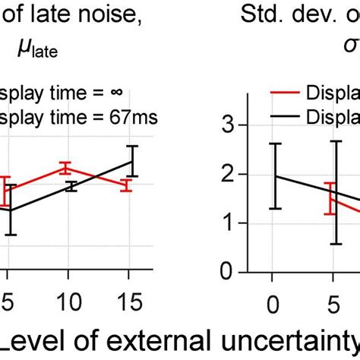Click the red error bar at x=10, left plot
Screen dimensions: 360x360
tap(65, 168)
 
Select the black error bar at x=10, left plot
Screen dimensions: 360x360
tap(70, 186)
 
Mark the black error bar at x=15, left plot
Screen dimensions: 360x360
tap(132, 161)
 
